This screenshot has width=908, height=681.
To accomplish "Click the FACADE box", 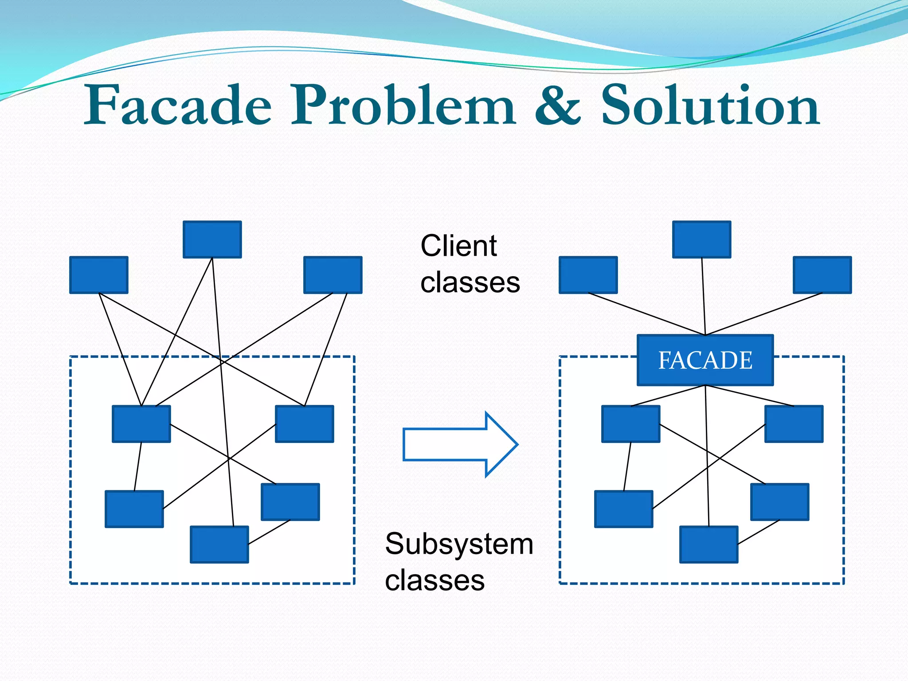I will point(705,360).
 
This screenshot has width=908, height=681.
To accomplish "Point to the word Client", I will point(458,246).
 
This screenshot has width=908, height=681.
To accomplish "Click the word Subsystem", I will point(459,544).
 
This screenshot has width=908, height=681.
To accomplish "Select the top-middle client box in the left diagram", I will point(212,239).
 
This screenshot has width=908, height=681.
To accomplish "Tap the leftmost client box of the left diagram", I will point(99,275).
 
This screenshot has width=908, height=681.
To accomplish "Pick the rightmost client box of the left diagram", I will point(333,275).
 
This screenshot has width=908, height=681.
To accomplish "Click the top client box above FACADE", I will point(701,239).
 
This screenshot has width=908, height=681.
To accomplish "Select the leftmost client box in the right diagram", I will point(588,275).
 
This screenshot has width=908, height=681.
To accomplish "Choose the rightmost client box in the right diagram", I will point(822,275).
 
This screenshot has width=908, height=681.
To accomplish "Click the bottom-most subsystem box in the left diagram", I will point(219,544).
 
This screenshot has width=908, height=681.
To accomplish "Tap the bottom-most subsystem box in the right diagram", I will point(708,544).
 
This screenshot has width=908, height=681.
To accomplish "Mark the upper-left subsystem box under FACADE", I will point(630,424).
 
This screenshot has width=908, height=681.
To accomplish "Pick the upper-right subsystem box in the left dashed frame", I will point(305,424).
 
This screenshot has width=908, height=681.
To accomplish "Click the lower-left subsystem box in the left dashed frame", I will point(134,509).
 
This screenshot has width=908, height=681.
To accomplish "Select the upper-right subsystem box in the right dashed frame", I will point(794,424).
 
